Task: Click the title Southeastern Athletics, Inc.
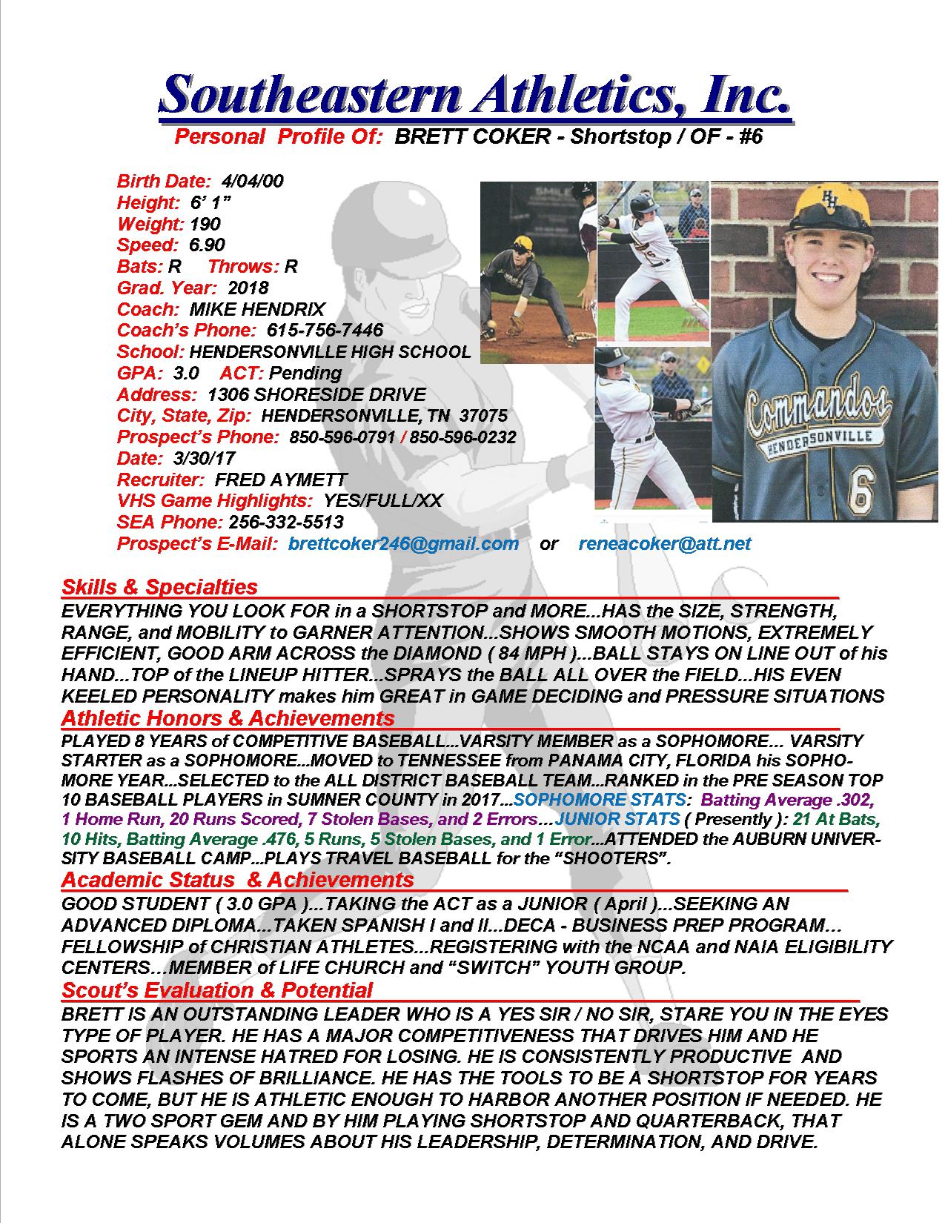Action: pyautogui.click(x=474, y=95)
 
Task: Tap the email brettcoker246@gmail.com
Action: pyautogui.click(x=403, y=543)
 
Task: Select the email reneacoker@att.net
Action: pyautogui.click(x=664, y=543)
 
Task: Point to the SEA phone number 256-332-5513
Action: pyautogui.click(x=286, y=522)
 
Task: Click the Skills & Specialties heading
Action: pyautogui.click(x=159, y=587)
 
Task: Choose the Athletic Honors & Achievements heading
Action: pyautogui.click(x=228, y=717)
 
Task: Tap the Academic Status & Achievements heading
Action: pyautogui.click(x=237, y=880)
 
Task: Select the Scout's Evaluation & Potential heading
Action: pyautogui.click(x=217, y=990)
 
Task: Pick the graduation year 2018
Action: pyautogui.click(x=248, y=288)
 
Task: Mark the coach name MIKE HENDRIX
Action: pyautogui.click(x=257, y=309)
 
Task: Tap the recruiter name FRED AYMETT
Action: pyautogui.click(x=280, y=480)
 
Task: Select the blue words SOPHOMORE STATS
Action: pyautogui.click(x=600, y=801)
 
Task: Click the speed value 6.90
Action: pyautogui.click(x=207, y=245)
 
